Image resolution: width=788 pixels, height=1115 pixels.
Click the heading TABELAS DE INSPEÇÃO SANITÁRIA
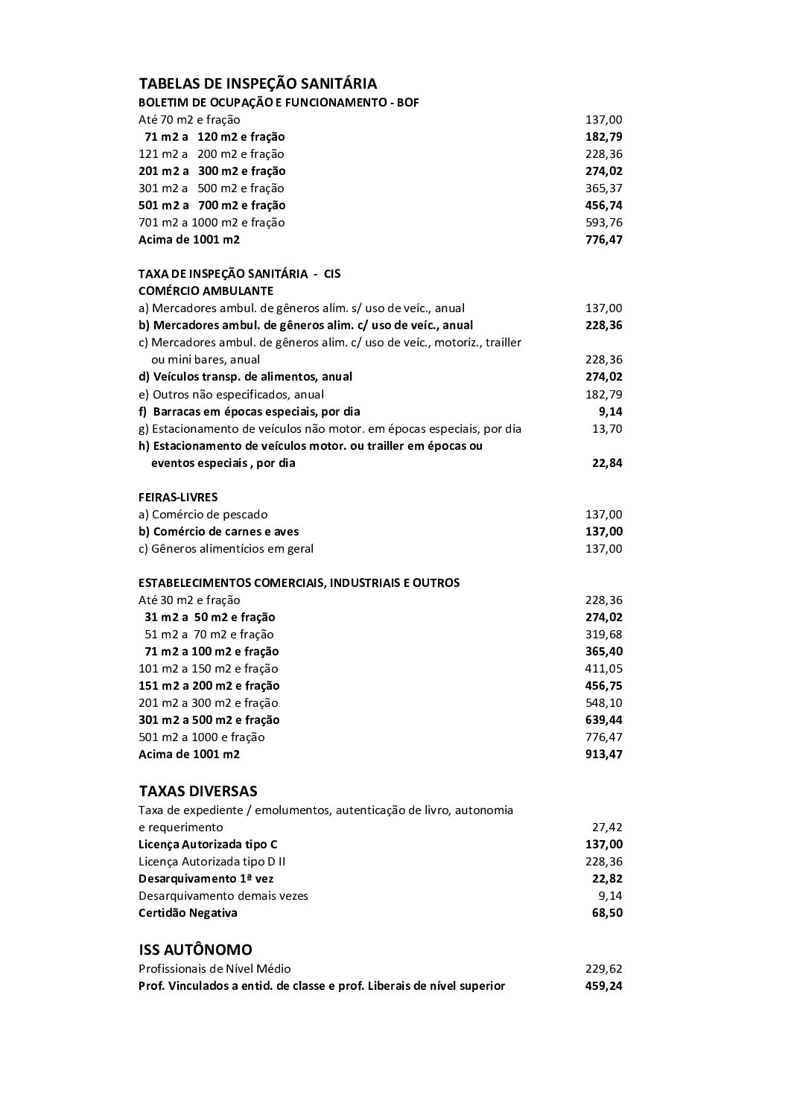(258, 83)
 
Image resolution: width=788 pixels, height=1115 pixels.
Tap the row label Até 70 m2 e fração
(189, 120)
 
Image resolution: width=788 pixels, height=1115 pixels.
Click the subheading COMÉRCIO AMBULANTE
(206, 290)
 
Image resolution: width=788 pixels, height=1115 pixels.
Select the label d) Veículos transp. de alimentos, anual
(245, 377)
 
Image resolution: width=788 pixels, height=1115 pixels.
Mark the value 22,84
(607, 463)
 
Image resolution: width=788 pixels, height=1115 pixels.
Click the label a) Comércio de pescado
(203, 515)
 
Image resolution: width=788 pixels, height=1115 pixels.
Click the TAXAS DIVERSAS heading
(197, 790)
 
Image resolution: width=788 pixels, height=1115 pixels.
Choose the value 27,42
(607, 827)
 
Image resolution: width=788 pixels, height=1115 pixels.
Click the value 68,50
(607, 913)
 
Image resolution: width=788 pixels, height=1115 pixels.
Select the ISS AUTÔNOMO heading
(195, 950)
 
